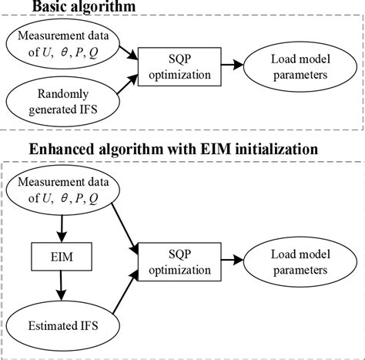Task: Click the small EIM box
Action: click(59, 253)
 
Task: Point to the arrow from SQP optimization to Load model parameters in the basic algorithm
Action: click(225, 66)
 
